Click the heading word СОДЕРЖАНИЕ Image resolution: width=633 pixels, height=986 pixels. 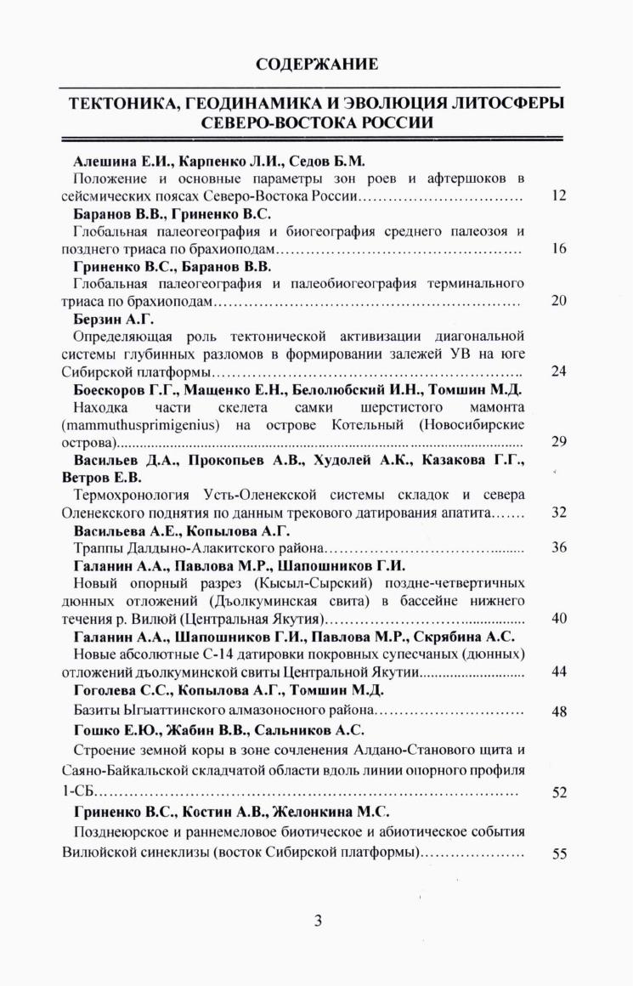(316, 64)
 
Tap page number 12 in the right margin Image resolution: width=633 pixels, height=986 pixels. (558, 196)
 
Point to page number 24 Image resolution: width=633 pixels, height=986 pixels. (558, 371)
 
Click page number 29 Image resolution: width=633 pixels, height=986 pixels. (558, 442)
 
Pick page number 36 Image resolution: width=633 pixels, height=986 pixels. (558, 547)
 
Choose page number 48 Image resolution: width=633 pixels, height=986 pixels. (558, 711)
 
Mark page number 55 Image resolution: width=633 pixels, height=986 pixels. (558, 854)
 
